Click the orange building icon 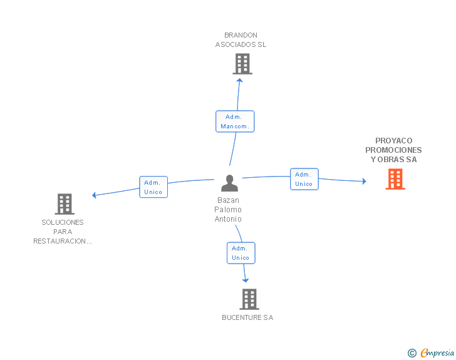click(x=395, y=179)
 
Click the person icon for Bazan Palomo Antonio click(x=229, y=183)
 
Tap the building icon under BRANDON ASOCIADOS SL click(x=242, y=64)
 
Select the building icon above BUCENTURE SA click(x=249, y=299)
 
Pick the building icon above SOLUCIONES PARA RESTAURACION click(x=65, y=204)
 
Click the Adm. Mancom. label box click(x=235, y=121)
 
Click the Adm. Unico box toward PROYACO click(x=304, y=179)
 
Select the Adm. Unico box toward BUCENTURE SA click(x=241, y=253)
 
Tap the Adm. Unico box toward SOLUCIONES click(x=153, y=187)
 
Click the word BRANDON click(x=241, y=35)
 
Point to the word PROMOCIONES click(x=393, y=150)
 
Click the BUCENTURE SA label click(x=247, y=317)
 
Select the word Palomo click(x=228, y=210)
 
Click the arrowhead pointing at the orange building click(x=364, y=181)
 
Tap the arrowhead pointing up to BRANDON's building click(x=240, y=80)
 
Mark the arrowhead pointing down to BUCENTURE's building click(x=246, y=280)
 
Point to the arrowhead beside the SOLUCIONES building click(x=94, y=195)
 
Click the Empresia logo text click(x=437, y=352)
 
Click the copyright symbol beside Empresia click(x=412, y=353)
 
